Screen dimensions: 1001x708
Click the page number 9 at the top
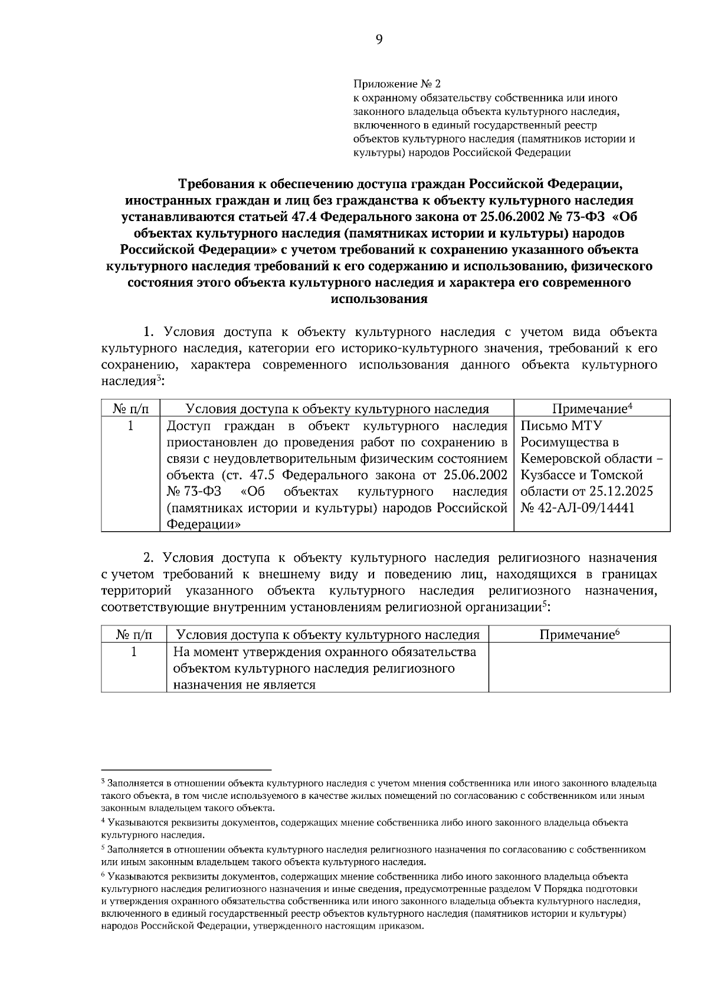(x=378, y=40)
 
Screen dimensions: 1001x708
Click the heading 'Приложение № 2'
(x=396, y=84)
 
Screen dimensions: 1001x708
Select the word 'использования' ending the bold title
(x=379, y=298)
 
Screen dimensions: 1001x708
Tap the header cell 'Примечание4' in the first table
(x=592, y=409)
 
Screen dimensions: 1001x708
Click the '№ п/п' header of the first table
(x=130, y=409)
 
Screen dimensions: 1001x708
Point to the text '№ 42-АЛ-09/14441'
(x=578, y=508)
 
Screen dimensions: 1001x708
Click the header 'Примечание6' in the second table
(x=579, y=634)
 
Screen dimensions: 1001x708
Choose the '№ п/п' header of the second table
(x=134, y=634)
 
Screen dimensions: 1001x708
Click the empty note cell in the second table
(x=579, y=667)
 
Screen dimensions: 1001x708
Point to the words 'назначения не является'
(x=244, y=684)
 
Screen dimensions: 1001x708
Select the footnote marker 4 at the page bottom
(x=103, y=821)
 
